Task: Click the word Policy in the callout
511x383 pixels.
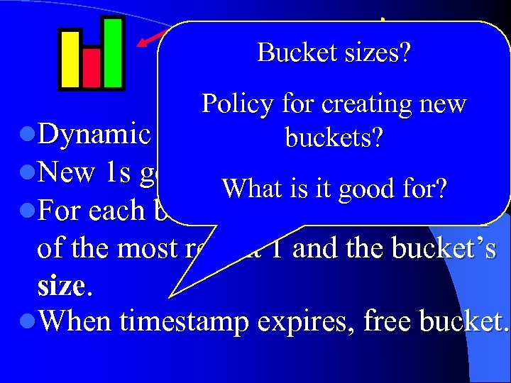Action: [238, 105]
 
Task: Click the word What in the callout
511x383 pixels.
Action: [246, 188]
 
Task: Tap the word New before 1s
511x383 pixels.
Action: [66, 172]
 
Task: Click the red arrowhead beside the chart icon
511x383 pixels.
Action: [144, 43]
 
